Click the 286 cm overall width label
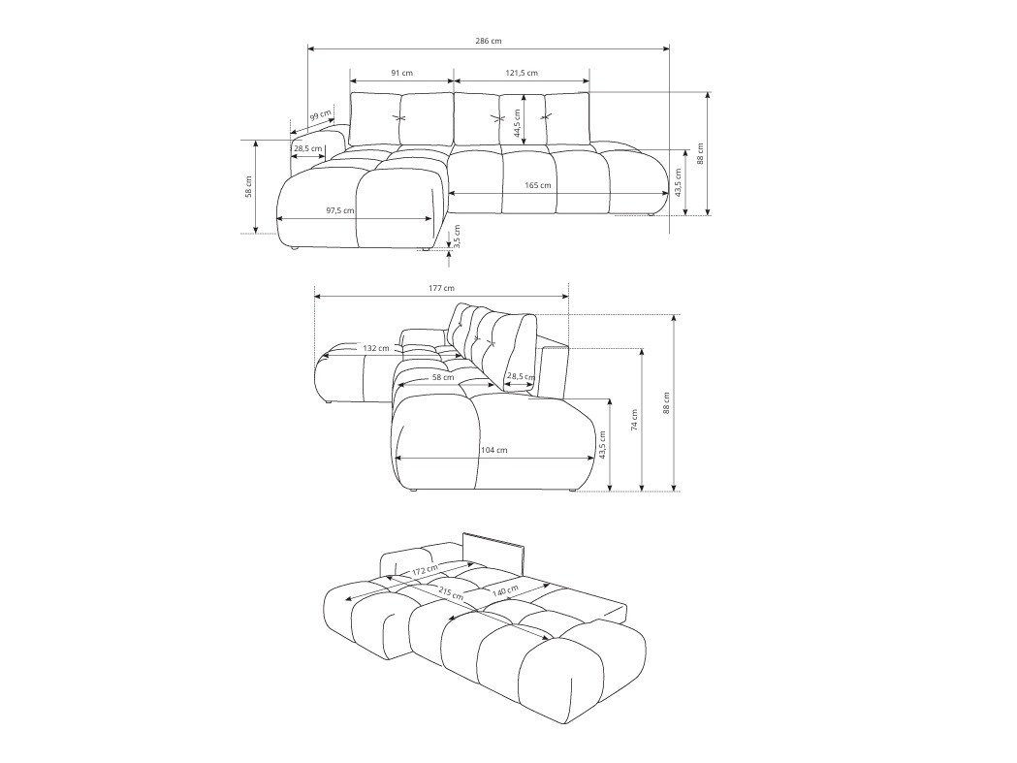tap(489, 41)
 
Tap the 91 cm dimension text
tap(401, 74)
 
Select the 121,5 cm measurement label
tap(522, 74)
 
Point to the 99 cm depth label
tap(320, 116)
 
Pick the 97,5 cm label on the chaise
tap(339, 210)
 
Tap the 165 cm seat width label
tap(538, 185)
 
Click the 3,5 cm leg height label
tap(457, 236)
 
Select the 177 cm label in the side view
tap(441, 288)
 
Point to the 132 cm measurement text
tap(376, 348)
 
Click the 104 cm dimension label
tap(494, 450)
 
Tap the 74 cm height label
tap(635, 420)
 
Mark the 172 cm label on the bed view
tap(425, 571)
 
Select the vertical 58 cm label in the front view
tap(248, 186)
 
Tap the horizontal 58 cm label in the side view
tap(443, 377)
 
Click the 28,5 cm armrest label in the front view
tap(308, 148)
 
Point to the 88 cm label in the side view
tap(666, 402)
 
